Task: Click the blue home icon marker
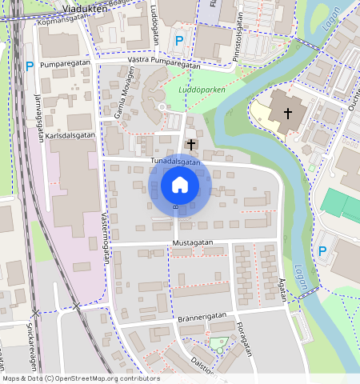[180, 185]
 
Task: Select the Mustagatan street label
[194, 241]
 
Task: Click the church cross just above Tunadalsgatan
[191, 144]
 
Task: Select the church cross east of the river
[286, 114]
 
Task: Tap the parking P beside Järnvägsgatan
[30, 67]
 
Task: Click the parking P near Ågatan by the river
[323, 251]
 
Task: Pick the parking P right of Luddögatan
[179, 41]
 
